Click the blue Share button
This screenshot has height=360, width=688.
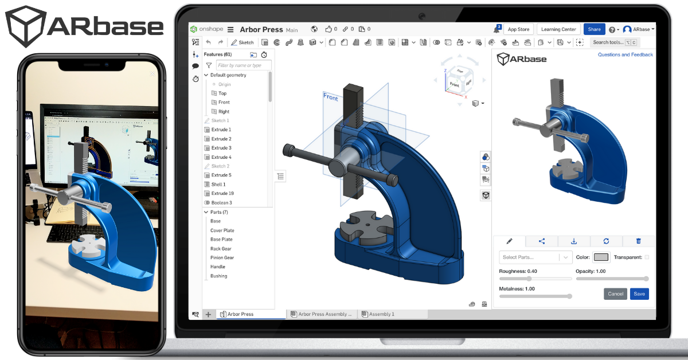[x=594, y=29]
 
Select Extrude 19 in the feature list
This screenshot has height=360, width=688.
[x=222, y=193]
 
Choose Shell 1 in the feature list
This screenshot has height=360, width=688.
[x=218, y=185]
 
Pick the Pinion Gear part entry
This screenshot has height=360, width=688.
[x=222, y=257]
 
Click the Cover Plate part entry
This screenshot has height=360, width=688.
[x=222, y=230]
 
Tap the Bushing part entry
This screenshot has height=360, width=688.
[x=218, y=276]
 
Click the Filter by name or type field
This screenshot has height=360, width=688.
[x=244, y=65]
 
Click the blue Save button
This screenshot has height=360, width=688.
[x=639, y=294]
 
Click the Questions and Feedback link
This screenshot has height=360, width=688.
[x=625, y=55]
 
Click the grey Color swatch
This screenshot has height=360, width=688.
[x=601, y=257]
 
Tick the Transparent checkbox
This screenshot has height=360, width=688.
[x=647, y=257]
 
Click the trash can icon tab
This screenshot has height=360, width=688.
[x=639, y=241]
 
